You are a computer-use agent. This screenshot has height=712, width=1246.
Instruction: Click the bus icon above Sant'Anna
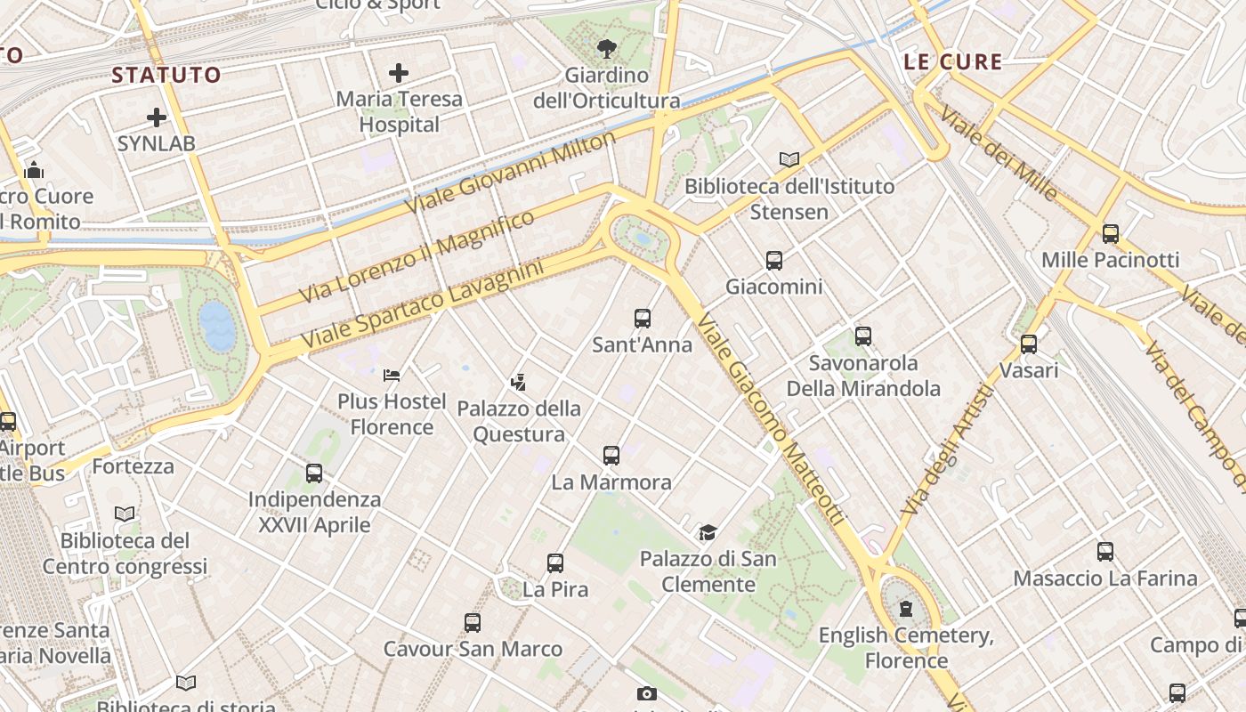point(643,318)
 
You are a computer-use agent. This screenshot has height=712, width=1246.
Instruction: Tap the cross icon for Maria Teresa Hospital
point(399,73)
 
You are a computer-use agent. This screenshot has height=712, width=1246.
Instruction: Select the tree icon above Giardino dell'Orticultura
point(607,48)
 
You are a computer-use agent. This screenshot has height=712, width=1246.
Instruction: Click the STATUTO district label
point(166,76)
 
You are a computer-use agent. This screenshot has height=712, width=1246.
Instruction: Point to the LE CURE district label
point(952,62)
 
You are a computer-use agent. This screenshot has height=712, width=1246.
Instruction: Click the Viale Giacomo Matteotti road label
point(771,418)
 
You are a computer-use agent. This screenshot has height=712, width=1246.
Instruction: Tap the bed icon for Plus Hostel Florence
point(392,376)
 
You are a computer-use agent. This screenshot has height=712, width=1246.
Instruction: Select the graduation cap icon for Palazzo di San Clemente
point(708,532)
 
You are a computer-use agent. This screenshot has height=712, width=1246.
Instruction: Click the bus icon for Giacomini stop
point(774,260)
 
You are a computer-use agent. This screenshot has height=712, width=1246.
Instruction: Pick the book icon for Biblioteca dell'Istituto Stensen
point(789,159)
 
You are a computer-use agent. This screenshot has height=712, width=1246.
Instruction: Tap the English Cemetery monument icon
point(906,609)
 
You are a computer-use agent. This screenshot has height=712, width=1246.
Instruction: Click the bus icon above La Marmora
point(611,455)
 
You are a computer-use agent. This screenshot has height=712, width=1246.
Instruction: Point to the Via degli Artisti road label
point(946,449)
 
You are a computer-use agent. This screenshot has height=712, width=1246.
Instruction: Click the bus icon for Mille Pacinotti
point(1111,233)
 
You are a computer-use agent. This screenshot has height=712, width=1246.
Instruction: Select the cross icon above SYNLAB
point(157,117)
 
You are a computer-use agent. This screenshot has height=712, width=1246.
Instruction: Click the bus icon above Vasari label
point(1029,344)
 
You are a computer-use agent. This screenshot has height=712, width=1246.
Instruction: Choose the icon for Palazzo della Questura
point(519,383)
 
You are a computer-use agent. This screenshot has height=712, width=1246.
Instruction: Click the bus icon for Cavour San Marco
point(473,622)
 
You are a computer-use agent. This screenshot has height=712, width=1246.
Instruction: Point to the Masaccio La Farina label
point(1105,578)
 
